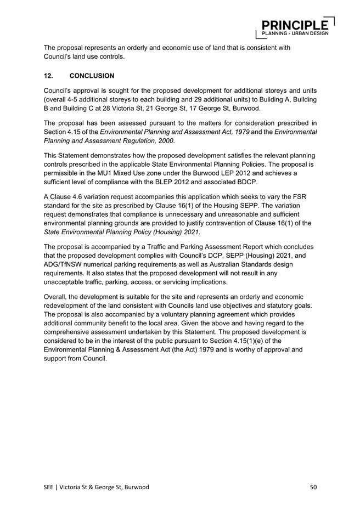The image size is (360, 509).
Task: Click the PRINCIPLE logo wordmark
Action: (x=296, y=25)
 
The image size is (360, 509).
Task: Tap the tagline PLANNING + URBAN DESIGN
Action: (x=295, y=33)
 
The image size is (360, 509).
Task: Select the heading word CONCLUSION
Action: (x=92, y=75)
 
